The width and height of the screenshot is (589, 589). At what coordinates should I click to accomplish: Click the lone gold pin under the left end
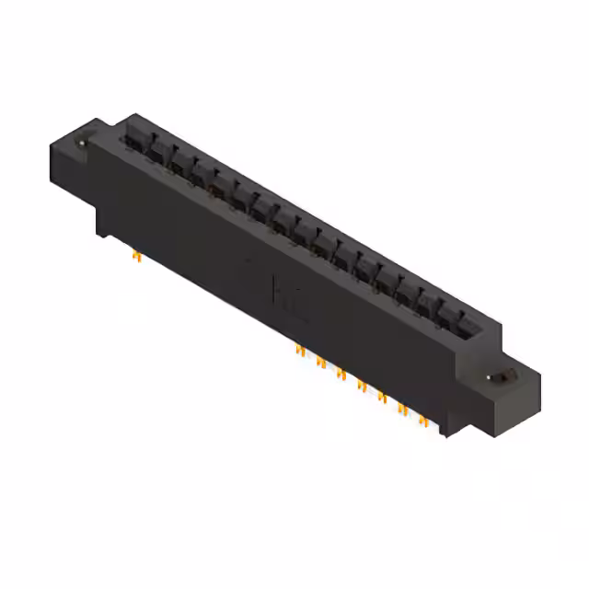[x=136, y=256]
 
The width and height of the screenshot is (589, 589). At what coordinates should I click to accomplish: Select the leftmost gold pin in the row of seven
[x=300, y=351]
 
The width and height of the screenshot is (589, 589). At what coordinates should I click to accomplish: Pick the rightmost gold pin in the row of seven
[x=422, y=420]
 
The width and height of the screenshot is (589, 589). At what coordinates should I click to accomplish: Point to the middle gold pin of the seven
[x=362, y=385]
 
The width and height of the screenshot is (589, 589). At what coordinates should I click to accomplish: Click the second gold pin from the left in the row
[x=320, y=362]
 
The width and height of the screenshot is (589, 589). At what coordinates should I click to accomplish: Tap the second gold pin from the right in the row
[x=402, y=408]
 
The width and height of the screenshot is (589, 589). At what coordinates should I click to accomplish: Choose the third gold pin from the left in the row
[x=341, y=373]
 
